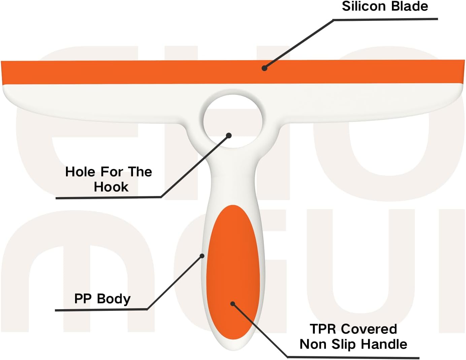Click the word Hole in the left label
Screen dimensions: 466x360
(x=80, y=172)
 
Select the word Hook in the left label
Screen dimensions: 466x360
(x=111, y=187)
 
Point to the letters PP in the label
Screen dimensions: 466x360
(x=83, y=298)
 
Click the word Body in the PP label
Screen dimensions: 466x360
(x=114, y=299)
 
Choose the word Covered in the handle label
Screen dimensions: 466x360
(x=368, y=329)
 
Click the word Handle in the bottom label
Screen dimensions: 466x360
(x=384, y=344)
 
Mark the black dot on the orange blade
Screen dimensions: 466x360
(x=264, y=68)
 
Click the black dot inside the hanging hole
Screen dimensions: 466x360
(x=229, y=135)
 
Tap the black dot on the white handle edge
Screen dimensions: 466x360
(x=202, y=256)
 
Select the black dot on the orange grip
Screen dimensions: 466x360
(x=233, y=304)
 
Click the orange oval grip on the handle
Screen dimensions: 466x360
(x=233, y=272)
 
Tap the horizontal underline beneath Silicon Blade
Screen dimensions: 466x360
(x=386, y=19)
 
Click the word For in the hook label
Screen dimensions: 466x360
(x=111, y=172)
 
